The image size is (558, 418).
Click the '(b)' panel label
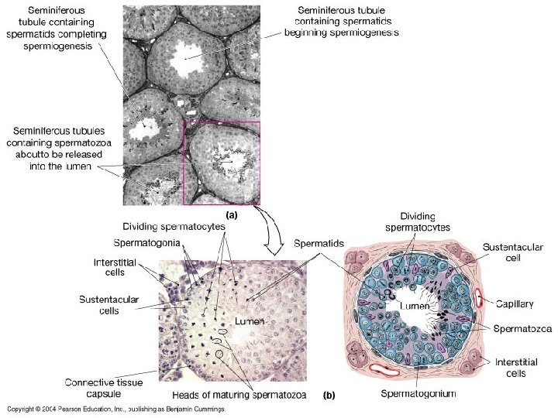tap(329, 396)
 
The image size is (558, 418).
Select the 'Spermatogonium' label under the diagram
tap(418, 394)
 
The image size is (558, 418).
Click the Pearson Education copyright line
tap(116, 409)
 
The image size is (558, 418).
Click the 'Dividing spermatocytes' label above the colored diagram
tap(418, 222)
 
